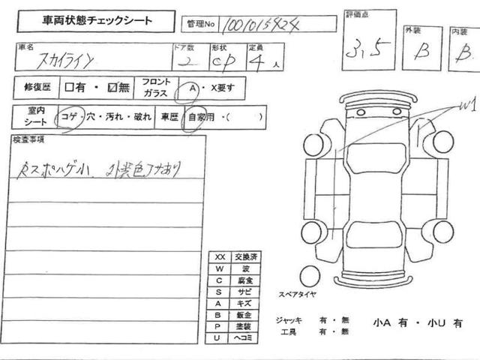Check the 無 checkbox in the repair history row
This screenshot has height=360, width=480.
pos(112,88)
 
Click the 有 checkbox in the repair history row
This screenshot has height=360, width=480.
pos(70,88)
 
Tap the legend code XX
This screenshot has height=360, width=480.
pos(220,257)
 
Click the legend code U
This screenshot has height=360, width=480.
pos(219,338)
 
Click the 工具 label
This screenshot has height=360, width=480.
pos(288,331)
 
